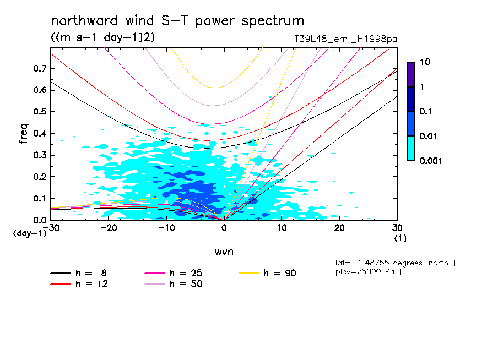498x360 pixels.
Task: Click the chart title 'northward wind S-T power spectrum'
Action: pyautogui.click(x=177, y=21)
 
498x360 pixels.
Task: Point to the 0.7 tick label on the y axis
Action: pyautogui.click(x=39, y=68)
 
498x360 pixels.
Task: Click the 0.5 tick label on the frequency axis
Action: pyautogui.click(x=39, y=112)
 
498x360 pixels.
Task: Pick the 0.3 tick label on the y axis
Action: pyautogui.click(x=39, y=155)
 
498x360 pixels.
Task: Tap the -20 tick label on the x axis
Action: pyautogui.click(x=109, y=228)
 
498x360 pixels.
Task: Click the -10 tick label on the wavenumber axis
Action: pyautogui.click(x=166, y=228)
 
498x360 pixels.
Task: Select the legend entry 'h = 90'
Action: pyautogui.click(x=280, y=273)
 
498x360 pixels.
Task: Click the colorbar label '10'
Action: pyautogui.click(x=424, y=63)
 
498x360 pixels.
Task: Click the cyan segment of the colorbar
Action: pyautogui.click(x=411, y=148)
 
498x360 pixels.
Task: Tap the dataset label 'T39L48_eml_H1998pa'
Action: pyautogui.click(x=346, y=39)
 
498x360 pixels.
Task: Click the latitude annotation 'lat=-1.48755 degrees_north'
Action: pyautogui.click(x=391, y=263)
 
